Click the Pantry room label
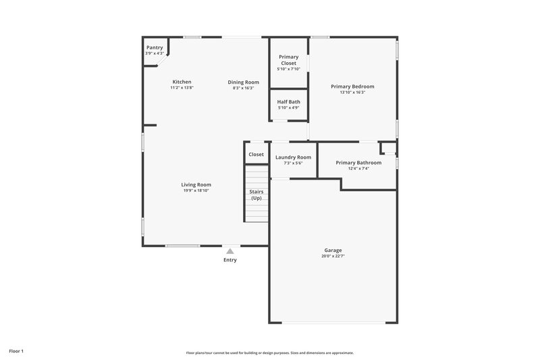[155, 48]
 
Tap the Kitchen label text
[182, 82]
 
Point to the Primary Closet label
[288, 60]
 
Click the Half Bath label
[288, 102]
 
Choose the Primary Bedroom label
[352, 86]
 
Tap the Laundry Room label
[293, 157]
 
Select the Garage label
[333, 251]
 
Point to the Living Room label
[196, 185]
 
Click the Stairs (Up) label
[256, 195]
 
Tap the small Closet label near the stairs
[256, 155]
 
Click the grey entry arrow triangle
[230, 251]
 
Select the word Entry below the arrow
[230, 260]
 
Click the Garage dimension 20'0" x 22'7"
[333, 256]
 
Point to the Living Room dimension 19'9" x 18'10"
[196, 190]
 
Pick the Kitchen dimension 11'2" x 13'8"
[182, 88]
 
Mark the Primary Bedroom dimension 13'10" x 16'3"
[352, 93]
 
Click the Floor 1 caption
[16, 351]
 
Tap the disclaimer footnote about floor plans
[270, 353]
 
